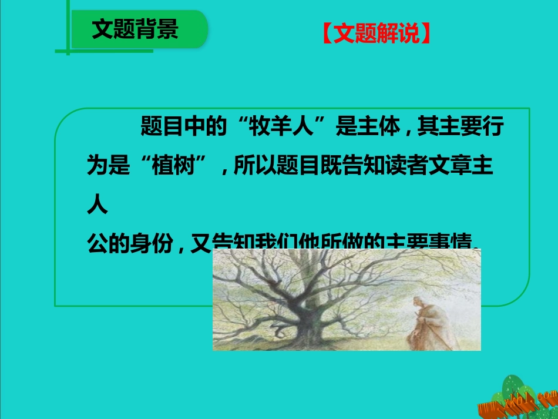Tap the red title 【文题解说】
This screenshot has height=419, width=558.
click(377, 35)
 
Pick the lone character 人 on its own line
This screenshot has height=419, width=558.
click(97, 205)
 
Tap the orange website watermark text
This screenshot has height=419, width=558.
click(517, 403)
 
